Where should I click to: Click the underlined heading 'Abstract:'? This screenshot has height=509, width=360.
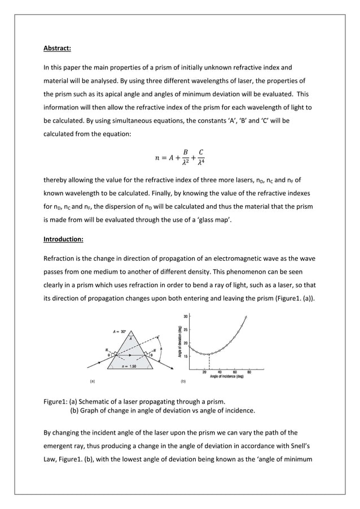(x=57, y=48)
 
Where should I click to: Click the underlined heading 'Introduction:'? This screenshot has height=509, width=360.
(x=63, y=239)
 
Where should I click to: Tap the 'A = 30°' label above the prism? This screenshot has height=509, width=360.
(x=120, y=332)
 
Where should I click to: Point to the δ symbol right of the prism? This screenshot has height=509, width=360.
(x=161, y=349)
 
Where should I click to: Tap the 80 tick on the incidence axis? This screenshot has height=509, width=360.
(x=249, y=372)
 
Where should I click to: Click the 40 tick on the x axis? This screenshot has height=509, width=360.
(x=219, y=372)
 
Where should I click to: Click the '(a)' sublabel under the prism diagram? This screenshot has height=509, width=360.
(x=93, y=381)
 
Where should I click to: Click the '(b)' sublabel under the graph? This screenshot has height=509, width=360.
(x=182, y=381)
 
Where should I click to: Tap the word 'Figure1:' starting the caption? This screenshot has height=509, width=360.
(x=55, y=402)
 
